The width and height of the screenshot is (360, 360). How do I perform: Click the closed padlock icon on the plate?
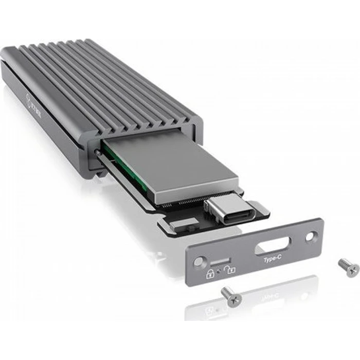[210, 274]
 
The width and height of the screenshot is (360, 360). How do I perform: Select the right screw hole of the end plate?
[310, 237]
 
